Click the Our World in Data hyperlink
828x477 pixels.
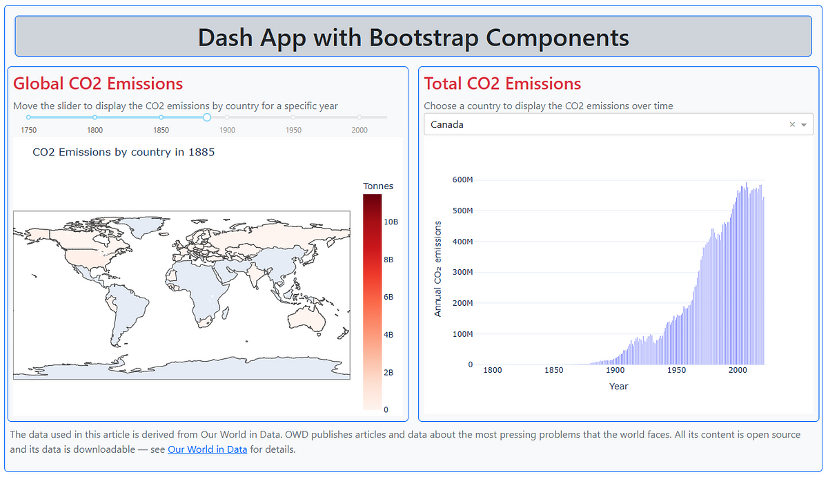[x=207, y=449]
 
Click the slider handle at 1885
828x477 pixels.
[x=206, y=117]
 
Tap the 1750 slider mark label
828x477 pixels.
[x=28, y=130]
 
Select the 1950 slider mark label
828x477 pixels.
[x=293, y=130]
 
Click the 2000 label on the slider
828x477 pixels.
[x=359, y=130]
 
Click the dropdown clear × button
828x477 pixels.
[x=792, y=125]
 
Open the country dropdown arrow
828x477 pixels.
[x=804, y=125]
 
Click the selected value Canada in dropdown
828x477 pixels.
[x=447, y=125]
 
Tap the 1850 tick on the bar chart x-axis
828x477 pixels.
[x=553, y=370]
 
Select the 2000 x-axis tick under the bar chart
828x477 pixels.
[x=738, y=370]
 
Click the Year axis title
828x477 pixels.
[x=618, y=386]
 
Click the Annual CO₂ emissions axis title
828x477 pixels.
[x=437, y=269]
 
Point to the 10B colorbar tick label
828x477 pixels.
[x=391, y=222]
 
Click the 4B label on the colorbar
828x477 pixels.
[x=388, y=335]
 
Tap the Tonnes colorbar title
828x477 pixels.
[x=378, y=186]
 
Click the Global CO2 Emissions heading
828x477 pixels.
[x=98, y=84]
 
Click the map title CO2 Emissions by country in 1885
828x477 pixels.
[x=124, y=152]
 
